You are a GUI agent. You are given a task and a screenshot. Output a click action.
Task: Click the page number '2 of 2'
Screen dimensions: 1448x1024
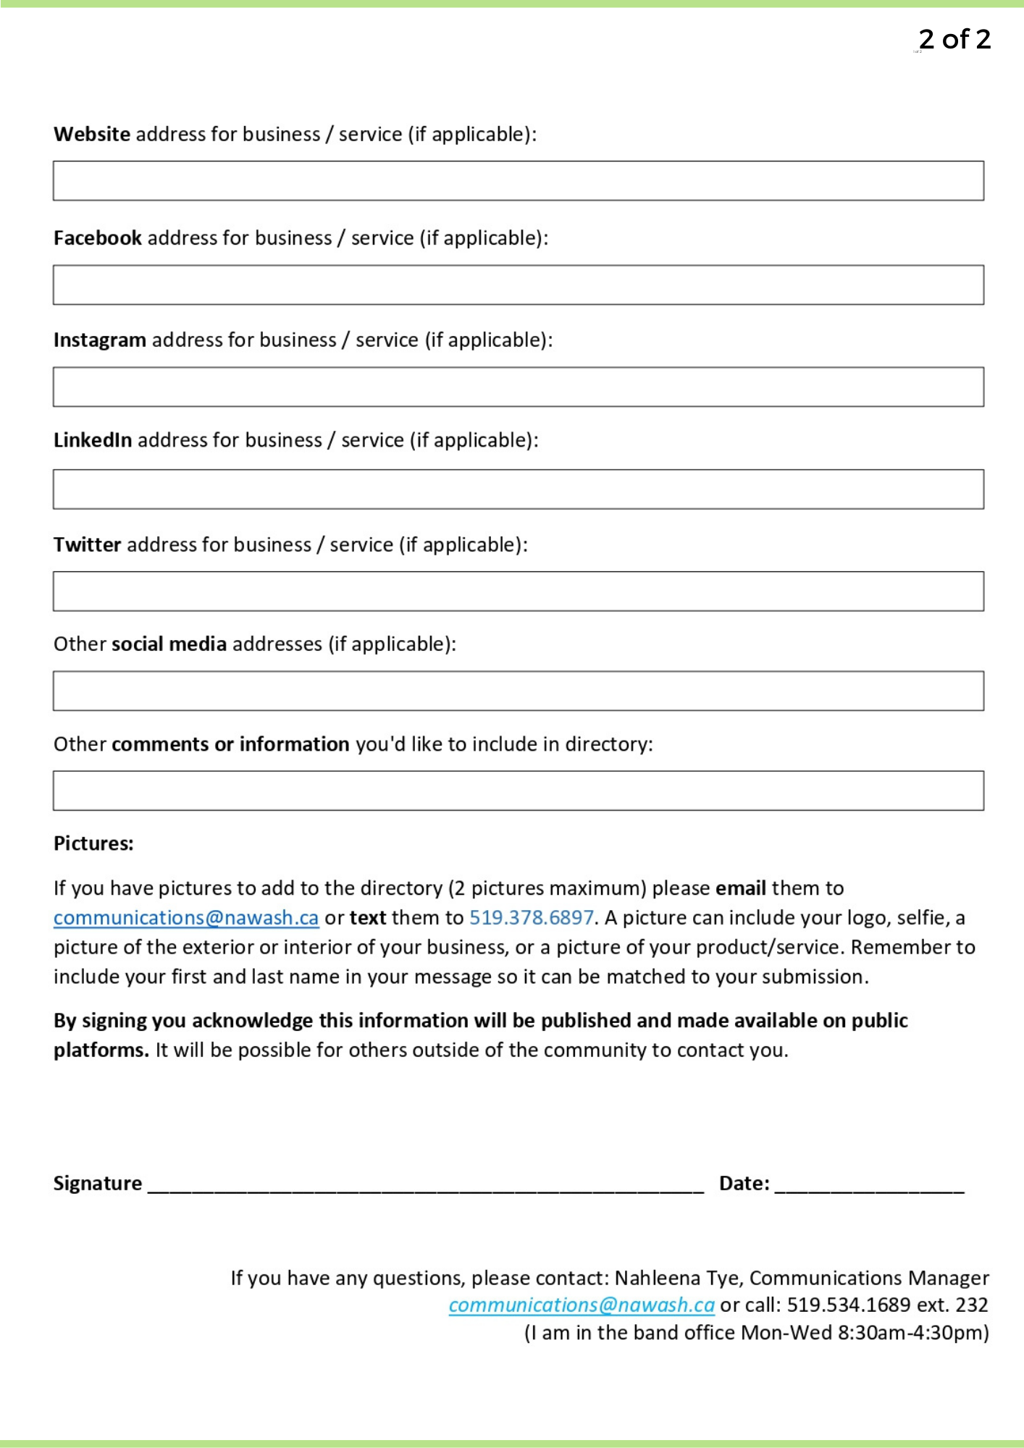coord(954,39)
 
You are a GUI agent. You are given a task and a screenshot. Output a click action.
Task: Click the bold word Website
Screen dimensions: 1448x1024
coord(92,135)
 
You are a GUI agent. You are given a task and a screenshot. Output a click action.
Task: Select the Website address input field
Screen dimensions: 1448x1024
coord(518,181)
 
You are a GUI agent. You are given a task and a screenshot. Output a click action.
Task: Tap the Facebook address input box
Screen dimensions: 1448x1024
coord(518,285)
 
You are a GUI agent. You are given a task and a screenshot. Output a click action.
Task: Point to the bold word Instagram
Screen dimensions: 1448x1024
coord(100,340)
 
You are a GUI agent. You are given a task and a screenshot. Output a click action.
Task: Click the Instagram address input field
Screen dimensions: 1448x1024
coord(518,387)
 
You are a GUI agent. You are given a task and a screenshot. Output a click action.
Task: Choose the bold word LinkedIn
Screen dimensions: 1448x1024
coord(93,440)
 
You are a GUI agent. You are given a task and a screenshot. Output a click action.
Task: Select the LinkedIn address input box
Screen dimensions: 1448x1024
coord(518,489)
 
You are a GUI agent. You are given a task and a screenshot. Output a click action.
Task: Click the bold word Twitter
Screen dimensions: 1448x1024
coord(88,544)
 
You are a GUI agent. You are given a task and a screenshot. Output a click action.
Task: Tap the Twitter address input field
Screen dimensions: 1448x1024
coord(518,592)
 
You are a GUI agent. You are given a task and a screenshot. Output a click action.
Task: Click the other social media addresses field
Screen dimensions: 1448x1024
coord(518,691)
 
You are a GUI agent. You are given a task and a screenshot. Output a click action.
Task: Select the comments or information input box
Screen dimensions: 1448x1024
coord(518,791)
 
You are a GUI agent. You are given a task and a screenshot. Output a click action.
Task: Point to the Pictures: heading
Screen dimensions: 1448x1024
coord(93,843)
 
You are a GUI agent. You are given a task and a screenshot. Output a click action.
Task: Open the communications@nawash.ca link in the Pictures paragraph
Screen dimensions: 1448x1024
coord(186,918)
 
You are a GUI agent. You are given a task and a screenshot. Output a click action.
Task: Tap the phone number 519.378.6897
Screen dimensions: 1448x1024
coord(532,918)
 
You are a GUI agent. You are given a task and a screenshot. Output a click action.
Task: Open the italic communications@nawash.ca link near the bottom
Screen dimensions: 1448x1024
coord(582,1305)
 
